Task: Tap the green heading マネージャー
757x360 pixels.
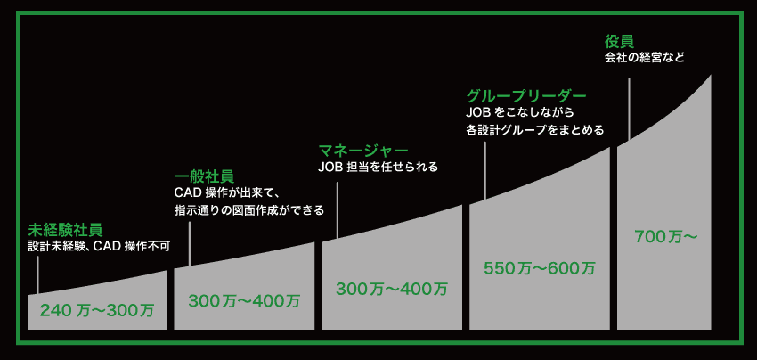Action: pyautogui.click(x=363, y=151)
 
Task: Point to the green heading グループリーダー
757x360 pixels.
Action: pyautogui.click(x=526, y=95)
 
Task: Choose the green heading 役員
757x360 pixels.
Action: pyautogui.click(x=619, y=41)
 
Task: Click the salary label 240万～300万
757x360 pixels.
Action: pyautogui.click(x=96, y=310)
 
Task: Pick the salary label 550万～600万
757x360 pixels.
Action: pyautogui.click(x=540, y=268)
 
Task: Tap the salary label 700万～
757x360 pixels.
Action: pyautogui.click(x=666, y=237)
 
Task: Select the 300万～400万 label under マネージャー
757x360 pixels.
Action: pyautogui.click(x=392, y=289)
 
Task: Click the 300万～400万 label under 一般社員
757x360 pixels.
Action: pyautogui.click(x=244, y=301)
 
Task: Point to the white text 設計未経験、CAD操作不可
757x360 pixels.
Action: pyautogui.click(x=100, y=247)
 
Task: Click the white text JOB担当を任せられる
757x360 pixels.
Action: pyautogui.click(x=378, y=168)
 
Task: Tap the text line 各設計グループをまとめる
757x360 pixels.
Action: pyautogui.click(x=535, y=130)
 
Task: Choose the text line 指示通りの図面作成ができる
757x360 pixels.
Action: pyautogui.click(x=248, y=211)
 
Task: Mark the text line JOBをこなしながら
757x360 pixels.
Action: pyautogui.click(x=519, y=112)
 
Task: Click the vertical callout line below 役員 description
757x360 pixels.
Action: pyautogui.click(x=629, y=110)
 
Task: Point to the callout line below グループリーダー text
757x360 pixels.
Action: pyautogui.click(x=484, y=170)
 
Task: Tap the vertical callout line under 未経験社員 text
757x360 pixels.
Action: pyautogui.click(x=37, y=274)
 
